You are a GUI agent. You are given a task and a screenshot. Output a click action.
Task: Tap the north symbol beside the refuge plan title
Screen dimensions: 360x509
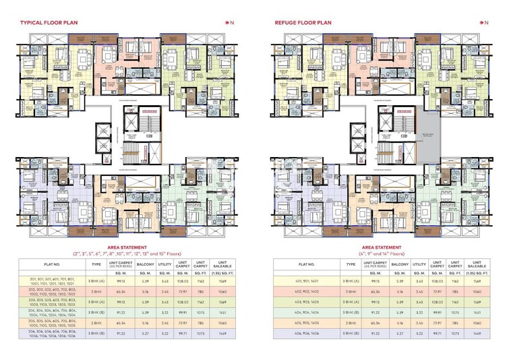tap(484, 23)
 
